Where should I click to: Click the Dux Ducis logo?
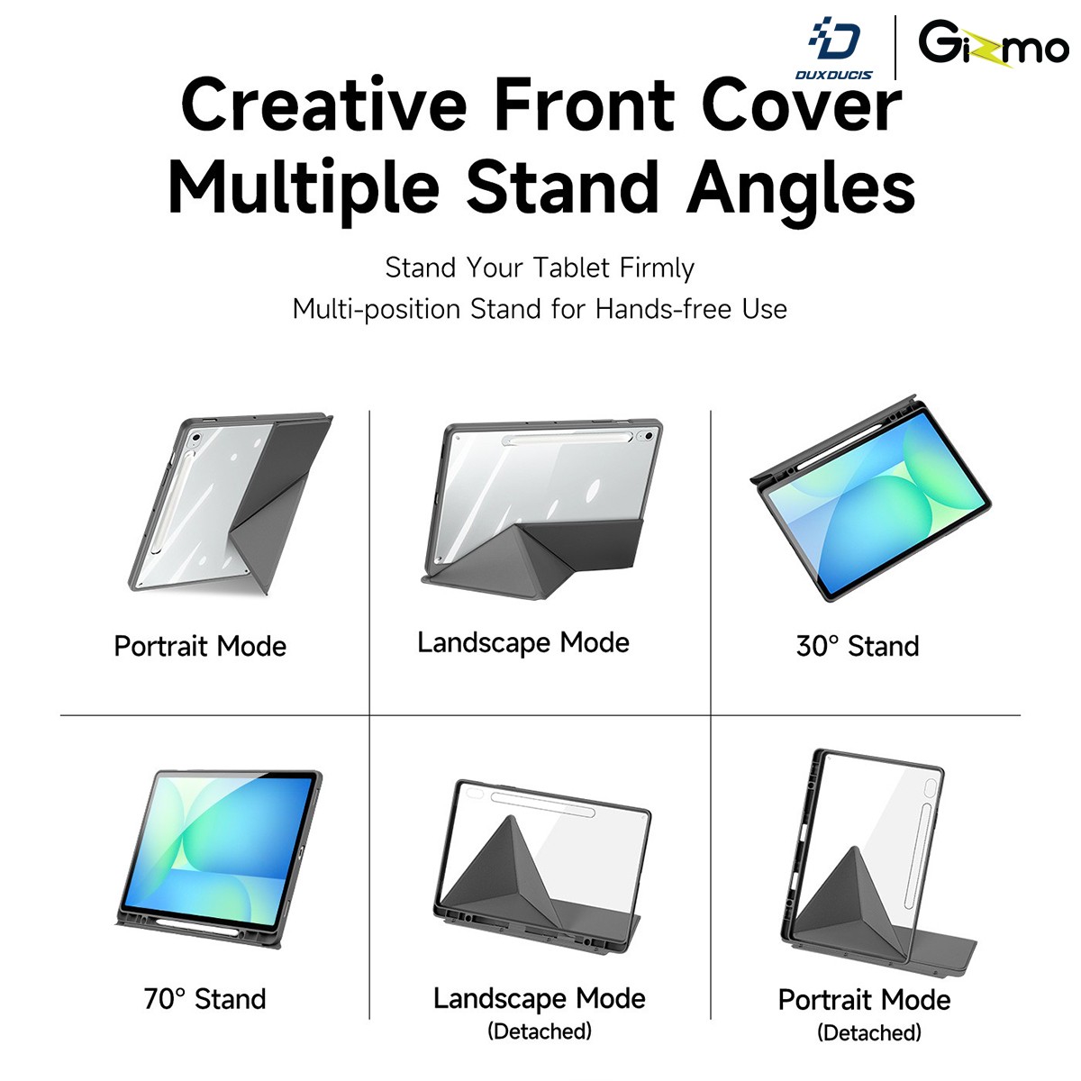click(x=833, y=49)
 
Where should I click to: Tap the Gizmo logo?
click(x=993, y=43)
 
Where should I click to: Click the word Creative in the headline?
click(x=323, y=104)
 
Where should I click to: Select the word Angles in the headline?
click(x=801, y=187)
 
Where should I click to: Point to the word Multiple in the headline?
click(x=303, y=187)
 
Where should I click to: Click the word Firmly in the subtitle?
click(x=657, y=268)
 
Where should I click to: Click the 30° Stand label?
click(x=858, y=646)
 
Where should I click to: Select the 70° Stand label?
click(x=204, y=999)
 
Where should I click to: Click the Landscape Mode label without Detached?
click(x=523, y=643)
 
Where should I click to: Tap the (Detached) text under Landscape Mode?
click(x=540, y=1031)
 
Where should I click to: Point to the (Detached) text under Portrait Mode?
click(x=869, y=1032)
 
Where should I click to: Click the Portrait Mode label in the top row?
click(x=200, y=646)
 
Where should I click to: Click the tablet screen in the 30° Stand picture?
click(x=877, y=501)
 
